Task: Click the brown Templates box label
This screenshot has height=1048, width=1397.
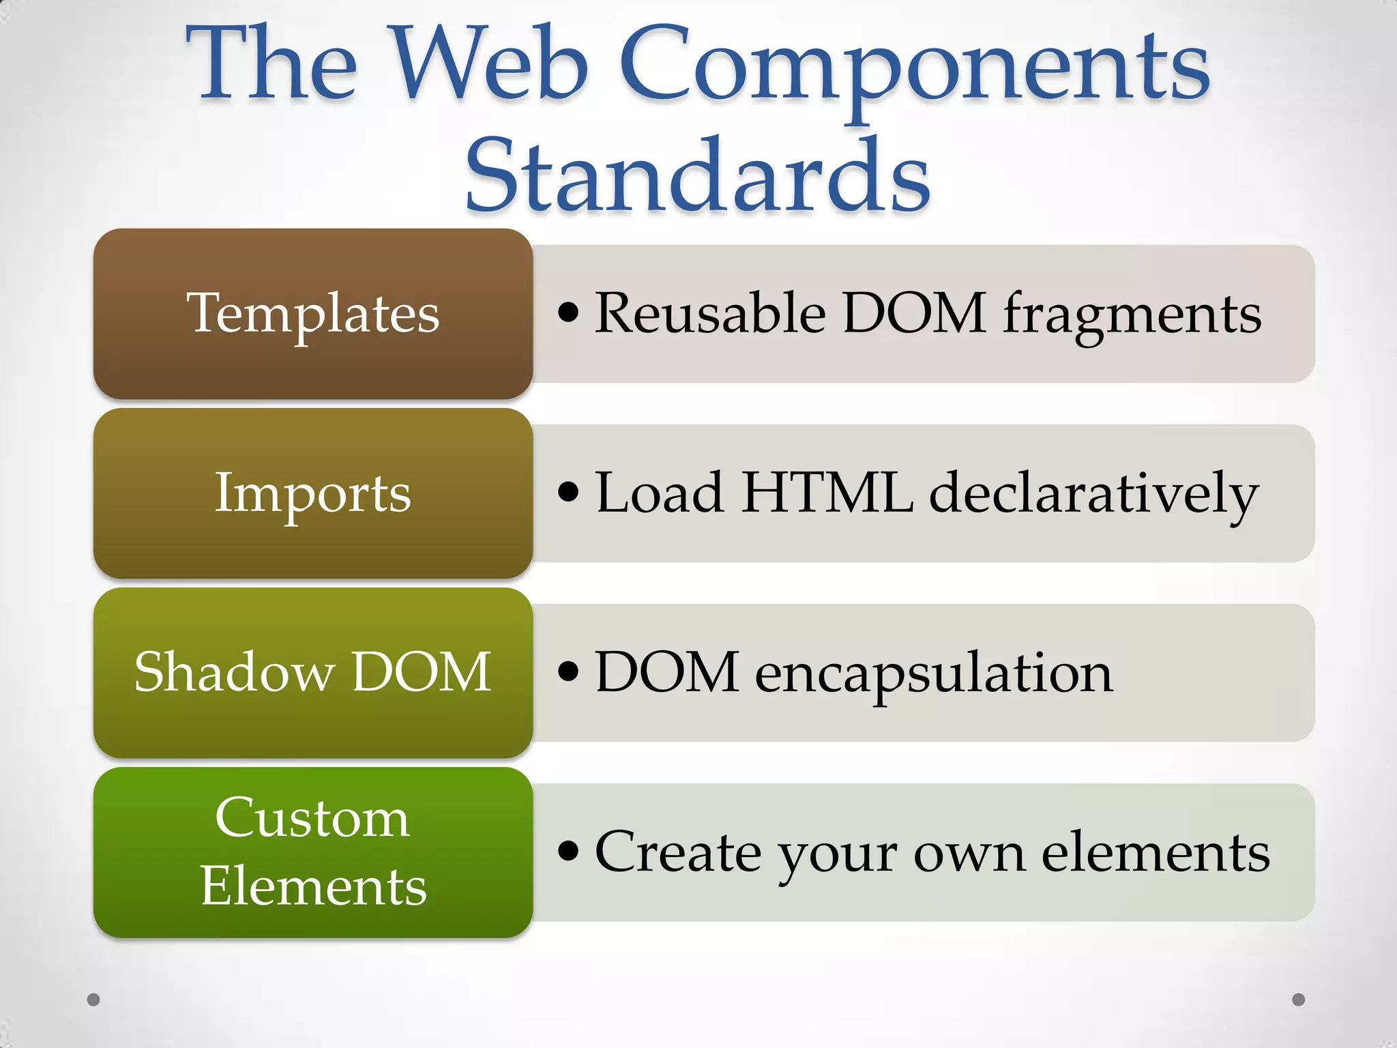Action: [313, 314]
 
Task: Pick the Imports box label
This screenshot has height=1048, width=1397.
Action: [313, 493]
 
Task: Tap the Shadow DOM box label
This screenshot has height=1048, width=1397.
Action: [313, 672]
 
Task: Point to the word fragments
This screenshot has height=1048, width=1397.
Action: [1132, 315]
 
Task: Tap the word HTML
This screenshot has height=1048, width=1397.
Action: [827, 493]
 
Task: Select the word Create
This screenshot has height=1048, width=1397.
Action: [678, 852]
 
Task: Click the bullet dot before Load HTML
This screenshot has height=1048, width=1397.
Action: [568, 492]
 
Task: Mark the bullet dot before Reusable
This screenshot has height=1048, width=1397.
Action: [568, 312]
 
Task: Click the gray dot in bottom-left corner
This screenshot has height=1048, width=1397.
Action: [94, 1000]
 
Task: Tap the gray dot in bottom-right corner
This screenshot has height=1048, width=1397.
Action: [1299, 1000]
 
